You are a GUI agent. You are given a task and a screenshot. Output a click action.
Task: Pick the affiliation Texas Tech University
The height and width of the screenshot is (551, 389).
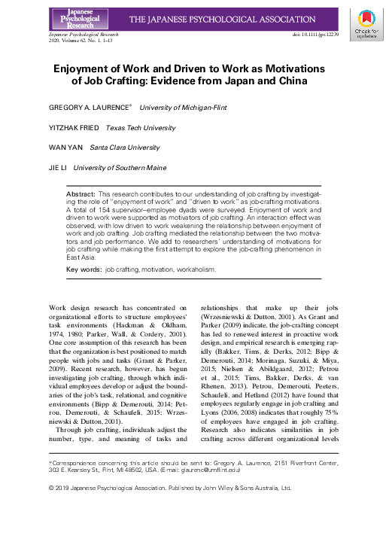(140, 128)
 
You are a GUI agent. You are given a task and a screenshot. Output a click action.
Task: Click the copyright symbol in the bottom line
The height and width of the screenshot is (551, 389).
(51, 488)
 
